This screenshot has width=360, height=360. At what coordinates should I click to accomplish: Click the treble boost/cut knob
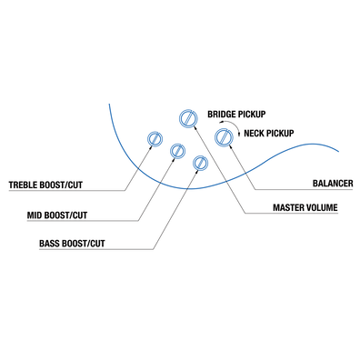click(x=155, y=139)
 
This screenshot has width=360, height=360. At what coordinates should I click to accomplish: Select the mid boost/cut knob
click(x=177, y=151)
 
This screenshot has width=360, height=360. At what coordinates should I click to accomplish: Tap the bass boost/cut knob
click(x=201, y=164)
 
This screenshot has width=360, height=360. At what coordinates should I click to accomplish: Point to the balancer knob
click(x=223, y=136)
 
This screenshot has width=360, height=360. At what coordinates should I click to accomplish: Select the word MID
click(x=37, y=215)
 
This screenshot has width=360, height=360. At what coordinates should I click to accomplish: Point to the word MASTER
click(x=290, y=208)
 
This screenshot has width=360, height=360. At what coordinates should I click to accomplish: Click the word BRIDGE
click(x=223, y=115)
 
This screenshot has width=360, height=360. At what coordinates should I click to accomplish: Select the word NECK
click(x=255, y=134)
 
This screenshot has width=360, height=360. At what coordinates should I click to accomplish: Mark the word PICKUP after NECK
click(x=285, y=134)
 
